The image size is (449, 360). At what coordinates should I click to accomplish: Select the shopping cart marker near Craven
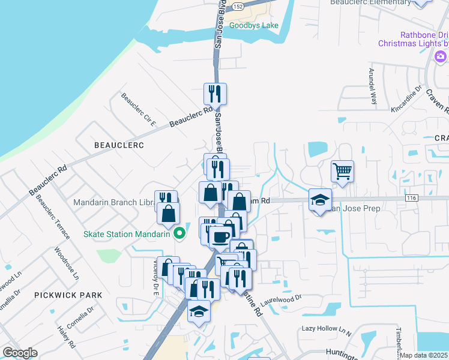click(x=342, y=172)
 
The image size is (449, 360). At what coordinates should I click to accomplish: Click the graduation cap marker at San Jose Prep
click(x=321, y=200)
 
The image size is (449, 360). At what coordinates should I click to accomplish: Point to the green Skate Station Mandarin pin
click(x=178, y=234)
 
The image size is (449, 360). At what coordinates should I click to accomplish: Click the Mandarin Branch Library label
click(x=114, y=203)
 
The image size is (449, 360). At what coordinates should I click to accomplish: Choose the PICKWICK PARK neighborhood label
click(x=68, y=295)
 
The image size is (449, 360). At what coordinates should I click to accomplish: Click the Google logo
click(x=20, y=353)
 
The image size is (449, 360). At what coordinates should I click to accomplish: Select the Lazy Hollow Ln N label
click(x=326, y=329)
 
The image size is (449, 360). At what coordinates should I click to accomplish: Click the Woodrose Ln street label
click(x=66, y=263)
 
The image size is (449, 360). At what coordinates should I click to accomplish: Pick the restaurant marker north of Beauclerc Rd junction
click(x=215, y=94)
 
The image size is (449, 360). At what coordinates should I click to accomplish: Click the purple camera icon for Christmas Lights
click(x=441, y=56)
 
